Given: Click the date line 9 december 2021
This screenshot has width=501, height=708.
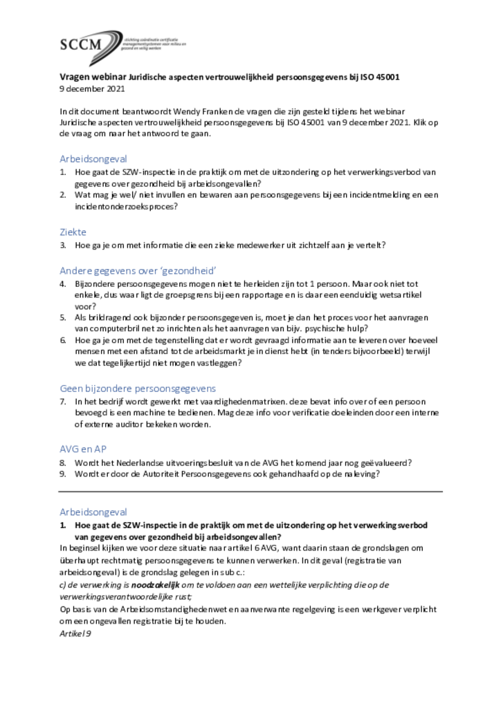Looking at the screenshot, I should coord(92,89).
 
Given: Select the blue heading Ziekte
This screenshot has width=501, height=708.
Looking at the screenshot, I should coord(73,232).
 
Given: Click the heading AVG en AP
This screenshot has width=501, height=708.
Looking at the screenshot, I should coord(82,449).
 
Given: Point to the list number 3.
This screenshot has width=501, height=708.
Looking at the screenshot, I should coord(62,245).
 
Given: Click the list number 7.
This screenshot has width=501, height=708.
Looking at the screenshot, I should coord(62,402).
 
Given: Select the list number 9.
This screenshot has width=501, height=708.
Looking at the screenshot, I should coord(62,474).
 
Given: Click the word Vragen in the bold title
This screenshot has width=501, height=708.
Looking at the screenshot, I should coord(73,77).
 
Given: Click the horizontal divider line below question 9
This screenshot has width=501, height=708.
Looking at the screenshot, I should coord(250,492).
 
